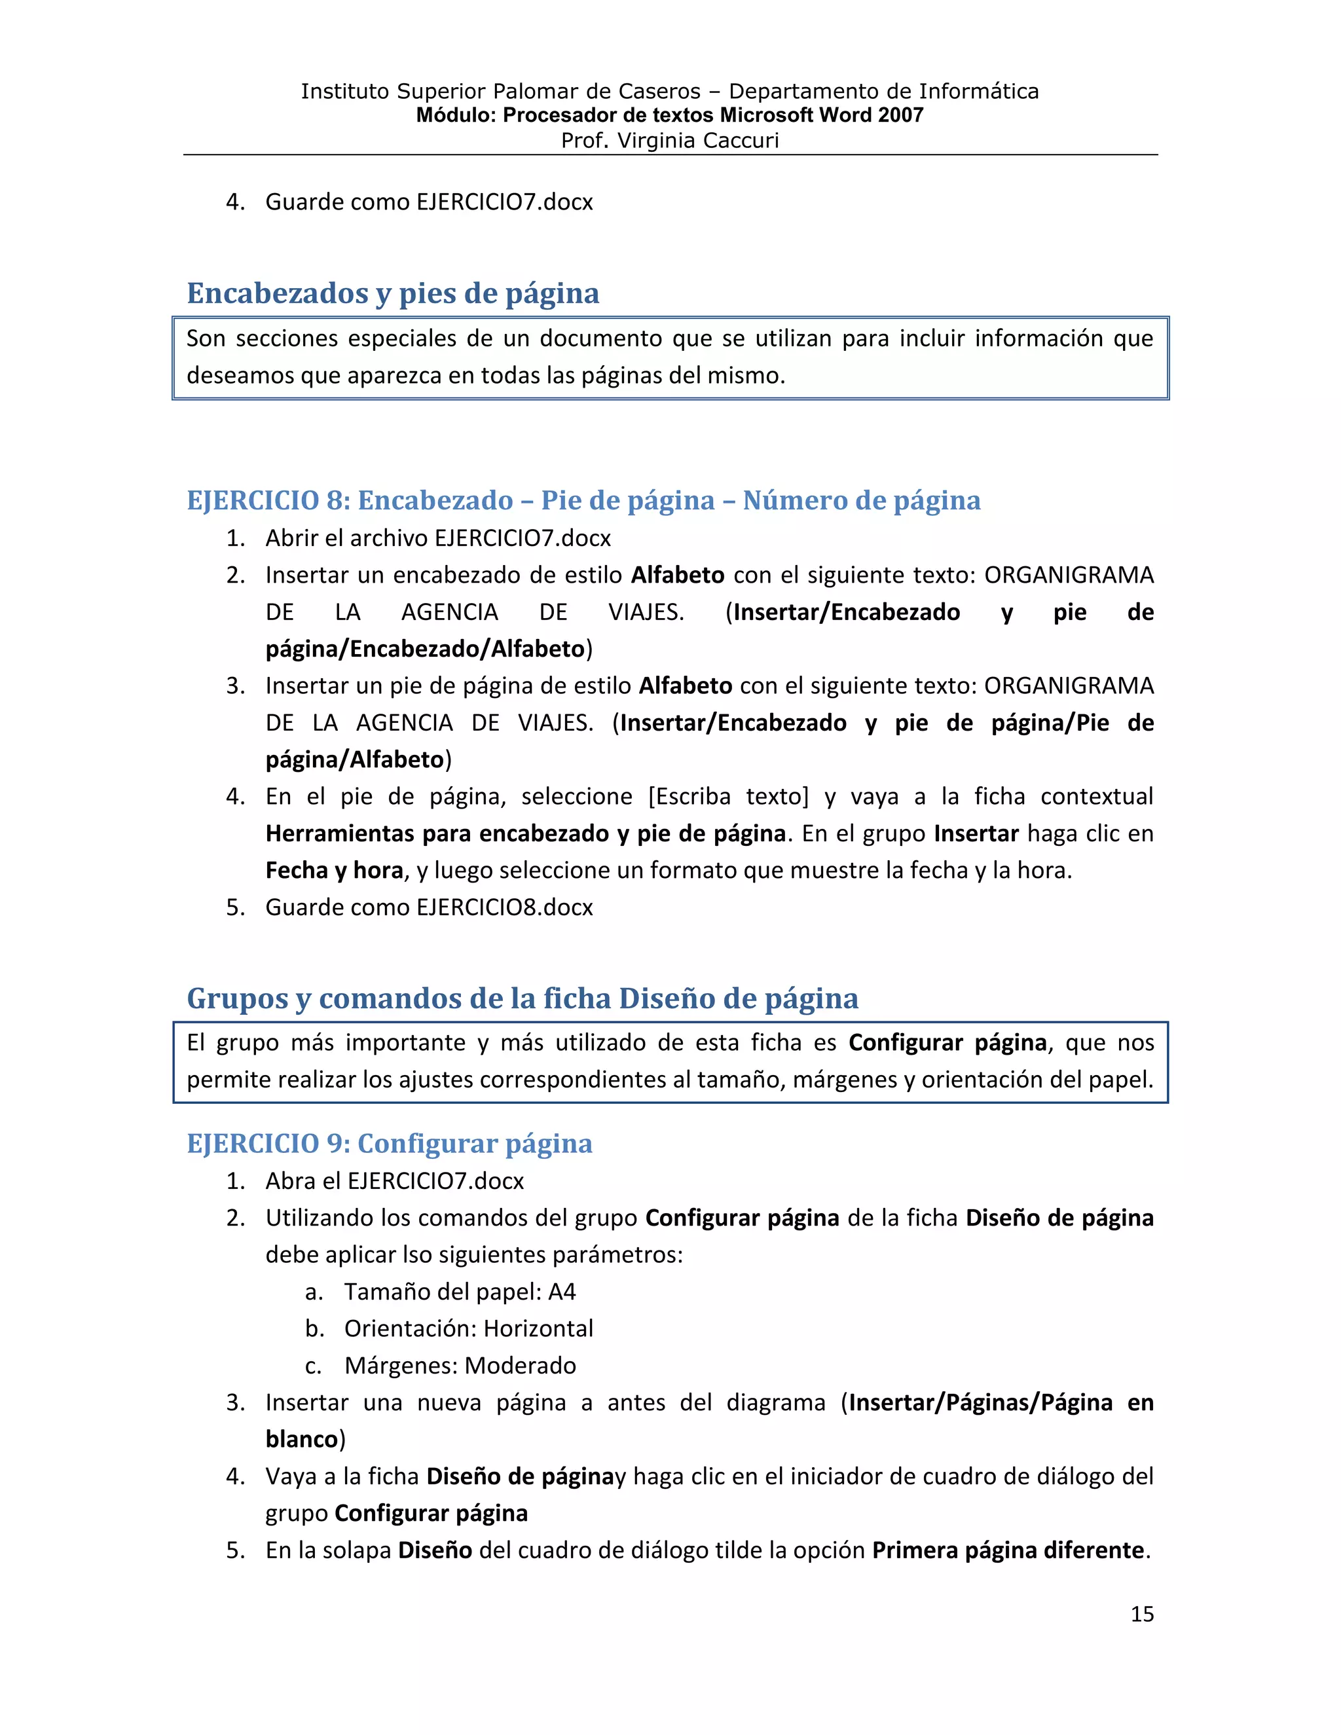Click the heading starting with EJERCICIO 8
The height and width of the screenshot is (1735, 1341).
point(583,500)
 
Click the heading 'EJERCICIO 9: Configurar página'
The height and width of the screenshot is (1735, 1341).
point(390,1144)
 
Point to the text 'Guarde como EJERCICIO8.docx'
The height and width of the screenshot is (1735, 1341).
point(429,907)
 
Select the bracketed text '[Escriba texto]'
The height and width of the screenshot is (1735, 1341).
point(729,797)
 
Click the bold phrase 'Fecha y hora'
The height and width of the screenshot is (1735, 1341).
point(335,871)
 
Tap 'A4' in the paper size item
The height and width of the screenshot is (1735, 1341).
point(562,1292)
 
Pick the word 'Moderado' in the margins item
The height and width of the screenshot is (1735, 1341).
point(521,1366)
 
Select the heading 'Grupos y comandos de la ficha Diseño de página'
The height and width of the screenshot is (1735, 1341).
point(522,998)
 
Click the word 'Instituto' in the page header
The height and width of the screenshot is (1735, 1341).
point(346,92)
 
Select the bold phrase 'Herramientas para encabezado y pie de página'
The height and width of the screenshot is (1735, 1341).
point(525,833)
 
